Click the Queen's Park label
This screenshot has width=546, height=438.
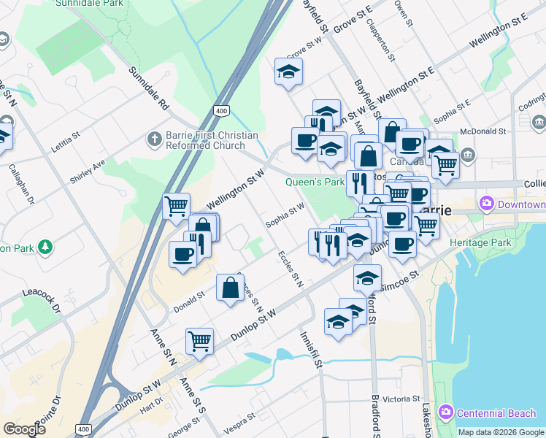[x=315, y=182]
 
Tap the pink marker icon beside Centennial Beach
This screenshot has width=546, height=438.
[x=446, y=412]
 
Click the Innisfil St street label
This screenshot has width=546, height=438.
[x=310, y=348]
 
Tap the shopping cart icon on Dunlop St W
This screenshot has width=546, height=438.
[x=199, y=339]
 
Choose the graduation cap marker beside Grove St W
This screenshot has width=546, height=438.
[x=289, y=72]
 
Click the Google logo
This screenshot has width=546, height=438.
[x=24, y=429]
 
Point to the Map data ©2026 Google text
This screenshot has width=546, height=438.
[x=501, y=432]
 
